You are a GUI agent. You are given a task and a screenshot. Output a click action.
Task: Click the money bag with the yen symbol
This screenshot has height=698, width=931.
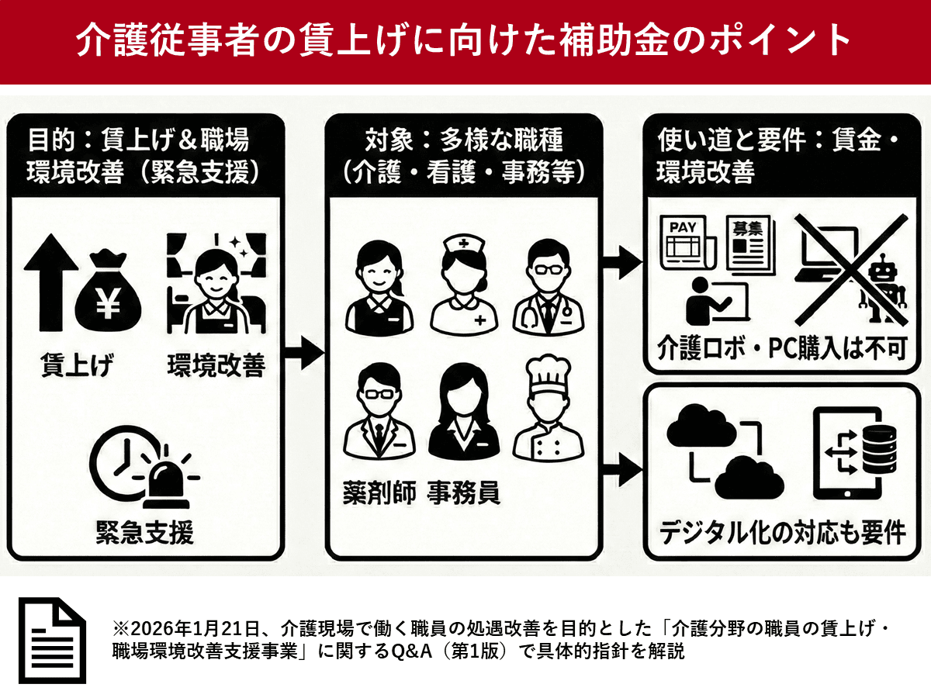point(108,290)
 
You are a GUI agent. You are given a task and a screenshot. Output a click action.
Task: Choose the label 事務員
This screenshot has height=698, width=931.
point(463,492)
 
